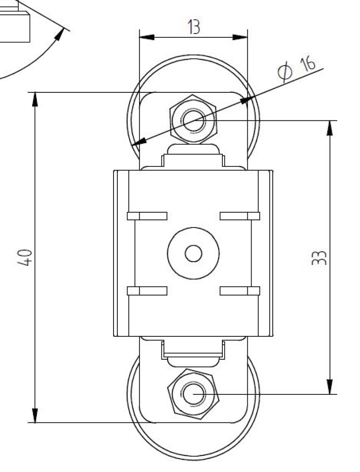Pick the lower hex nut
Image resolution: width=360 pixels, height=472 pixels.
click(x=194, y=394)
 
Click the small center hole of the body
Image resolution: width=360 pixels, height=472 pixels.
click(x=193, y=253)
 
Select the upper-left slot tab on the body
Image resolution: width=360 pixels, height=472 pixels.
click(x=147, y=216)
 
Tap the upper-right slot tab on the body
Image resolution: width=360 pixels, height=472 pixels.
click(x=240, y=216)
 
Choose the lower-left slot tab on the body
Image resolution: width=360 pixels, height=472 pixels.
click(x=147, y=291)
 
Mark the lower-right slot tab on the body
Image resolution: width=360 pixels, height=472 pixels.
click(x=240, y=291)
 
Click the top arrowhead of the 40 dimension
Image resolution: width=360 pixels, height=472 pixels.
click(x=35, y=99)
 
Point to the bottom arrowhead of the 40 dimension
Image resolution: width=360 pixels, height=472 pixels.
click(x=35, y=416)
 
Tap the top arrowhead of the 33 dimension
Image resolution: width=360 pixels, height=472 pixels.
click(x=330, y=128)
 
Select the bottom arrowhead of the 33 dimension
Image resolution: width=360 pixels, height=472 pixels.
click(x=330, y=387)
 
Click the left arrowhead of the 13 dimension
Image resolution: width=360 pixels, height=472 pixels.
click(x=147, y=37)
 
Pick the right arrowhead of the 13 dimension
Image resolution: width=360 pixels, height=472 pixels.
click(x=240, y=37)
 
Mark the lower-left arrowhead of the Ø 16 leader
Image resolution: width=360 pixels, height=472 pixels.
click(x=138, y=142)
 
